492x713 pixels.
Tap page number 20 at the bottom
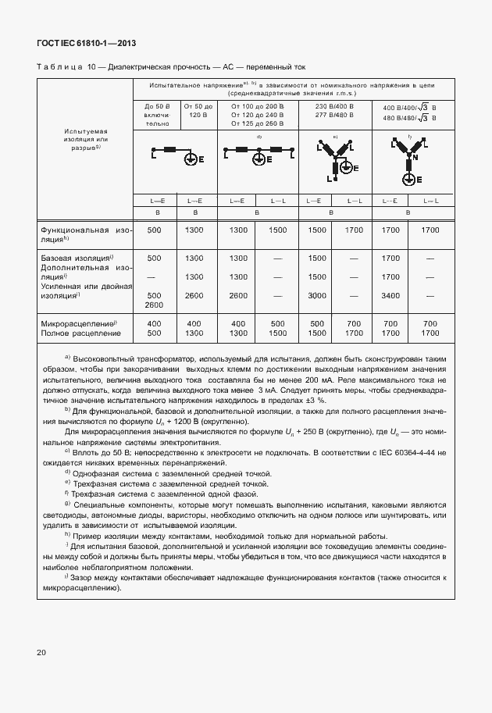(x=41, y=651)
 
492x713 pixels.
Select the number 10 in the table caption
(x=92, y=69)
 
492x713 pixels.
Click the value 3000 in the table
(x=317, y=296)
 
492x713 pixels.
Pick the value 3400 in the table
(x=390, y=296)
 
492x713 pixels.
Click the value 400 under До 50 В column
(x=154, y=323)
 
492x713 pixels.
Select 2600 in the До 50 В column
(x=154, y=306)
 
